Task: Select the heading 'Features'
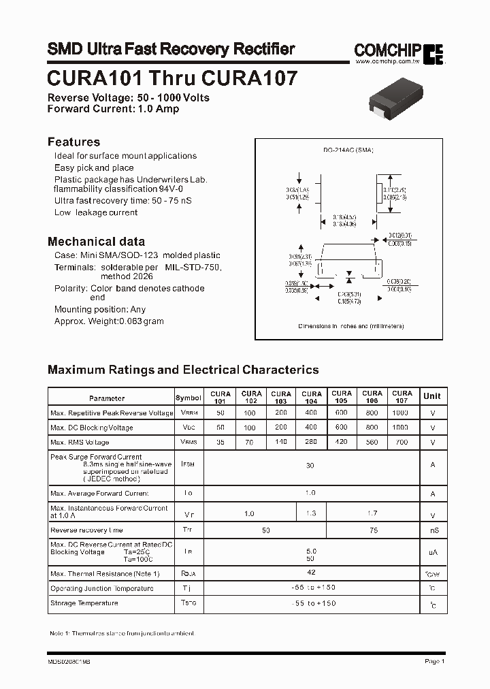[x=73, y=142]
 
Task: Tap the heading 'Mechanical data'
[x=96, y=242]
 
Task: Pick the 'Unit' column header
[x=431, y=396]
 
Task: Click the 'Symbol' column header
[x=189, y=398]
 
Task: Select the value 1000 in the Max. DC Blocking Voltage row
[x=401, y=427]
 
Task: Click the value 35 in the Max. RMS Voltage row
[x=220, y=442]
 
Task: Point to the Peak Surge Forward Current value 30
[x=310, y=466]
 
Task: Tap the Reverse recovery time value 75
[x=373, y=529]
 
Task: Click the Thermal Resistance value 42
[x=310, y=573]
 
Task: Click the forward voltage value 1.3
[x=311, y=513]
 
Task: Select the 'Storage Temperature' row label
[x=84, y=603]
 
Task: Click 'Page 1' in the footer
[x=434, y=661]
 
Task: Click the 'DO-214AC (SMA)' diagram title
[x=348, y=150]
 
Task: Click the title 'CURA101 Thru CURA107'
[x=172, y=78]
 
